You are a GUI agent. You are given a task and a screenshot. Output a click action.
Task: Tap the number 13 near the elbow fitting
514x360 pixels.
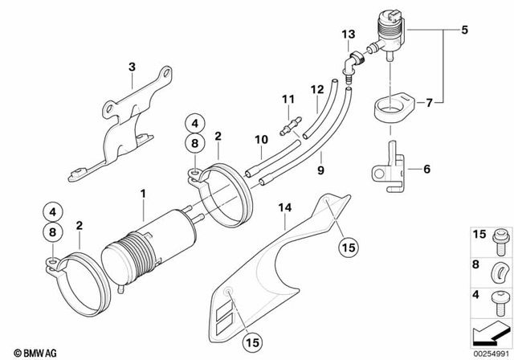[x=346, y=34]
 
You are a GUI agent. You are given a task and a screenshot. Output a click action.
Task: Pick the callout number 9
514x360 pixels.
[x=320, y=171]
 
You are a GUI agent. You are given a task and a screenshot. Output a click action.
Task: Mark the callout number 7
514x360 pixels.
[x=429, y=103]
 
